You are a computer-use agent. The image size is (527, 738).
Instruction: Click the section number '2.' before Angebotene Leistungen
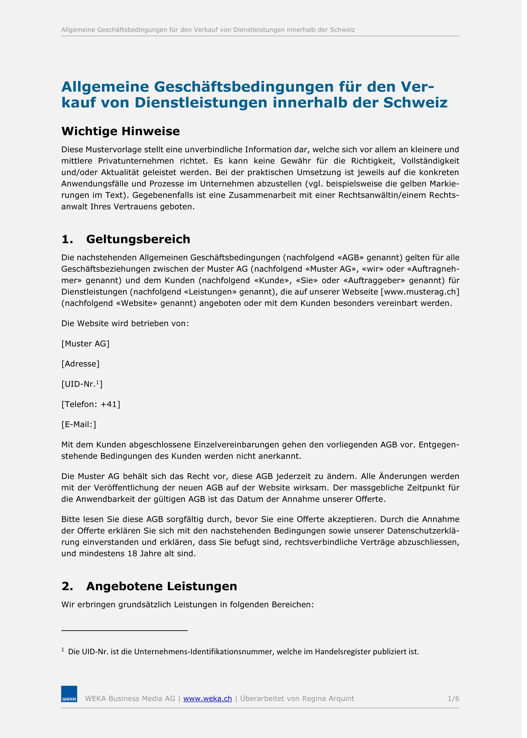coord(67,586)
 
